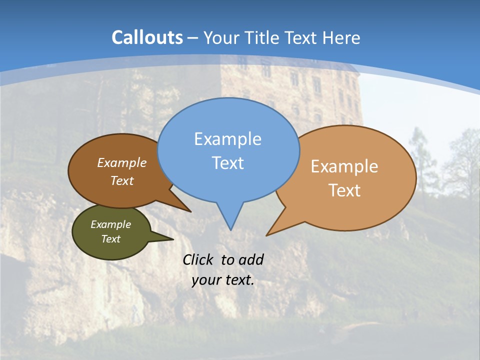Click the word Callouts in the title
click(x=147, y=37)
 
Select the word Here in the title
click(x=342, y=37)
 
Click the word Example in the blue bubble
click(x=227, y=139)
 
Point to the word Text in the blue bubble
click(x=227, y=163)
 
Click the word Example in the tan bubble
click(x=344, y=166)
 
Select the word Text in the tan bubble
click(x=344, y=190)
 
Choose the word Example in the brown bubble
click(x=122, y=162)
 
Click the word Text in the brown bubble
click(x=122, y=180)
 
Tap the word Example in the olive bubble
click(x=110, y=224)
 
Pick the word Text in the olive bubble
click(x=110, y=239)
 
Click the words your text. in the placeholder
click(x=223, y=280)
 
